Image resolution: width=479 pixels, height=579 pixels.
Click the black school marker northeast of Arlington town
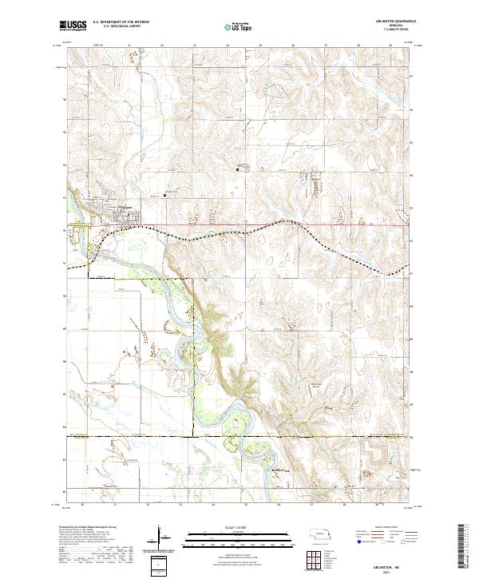tap(165, 194)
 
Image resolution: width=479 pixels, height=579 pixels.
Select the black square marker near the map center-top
tap(237, 168)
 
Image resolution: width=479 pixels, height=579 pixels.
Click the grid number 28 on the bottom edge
tap(343, 505)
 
